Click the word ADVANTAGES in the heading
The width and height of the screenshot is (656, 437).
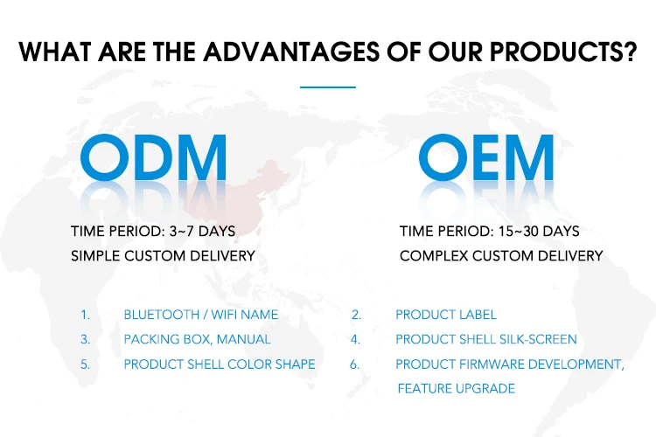point(291,52)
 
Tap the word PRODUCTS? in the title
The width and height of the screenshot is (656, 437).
point(563,52)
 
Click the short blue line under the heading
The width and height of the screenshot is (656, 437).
point(328,87)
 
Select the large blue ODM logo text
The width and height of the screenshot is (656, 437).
point(153,157)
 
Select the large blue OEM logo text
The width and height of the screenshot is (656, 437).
point(486,157)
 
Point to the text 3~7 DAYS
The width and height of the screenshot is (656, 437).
point(203,232)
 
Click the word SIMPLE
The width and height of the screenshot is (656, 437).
point(95,256)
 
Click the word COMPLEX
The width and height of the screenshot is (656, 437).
point(434,256)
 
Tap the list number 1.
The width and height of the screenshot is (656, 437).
point(86,315)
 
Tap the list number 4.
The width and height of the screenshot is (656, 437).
point(355,339)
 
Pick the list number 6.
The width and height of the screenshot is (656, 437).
point(355,364)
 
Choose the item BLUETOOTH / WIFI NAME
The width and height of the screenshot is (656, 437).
point(201,315)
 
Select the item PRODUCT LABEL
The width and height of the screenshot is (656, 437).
point(446,315)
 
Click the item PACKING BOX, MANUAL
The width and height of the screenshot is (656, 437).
point(197,339)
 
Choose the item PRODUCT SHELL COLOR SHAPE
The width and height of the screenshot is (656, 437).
point(220,364)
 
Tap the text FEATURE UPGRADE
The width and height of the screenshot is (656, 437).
point(456,388)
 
